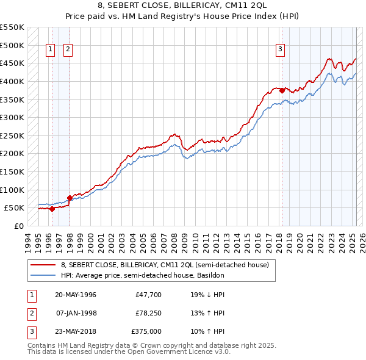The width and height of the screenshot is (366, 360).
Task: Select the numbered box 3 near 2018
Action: point(280,50)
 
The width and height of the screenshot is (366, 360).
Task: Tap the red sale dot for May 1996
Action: point(52,209)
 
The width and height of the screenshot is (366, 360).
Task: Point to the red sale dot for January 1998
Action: point(70,198)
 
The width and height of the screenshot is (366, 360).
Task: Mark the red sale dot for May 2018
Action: point(282,91)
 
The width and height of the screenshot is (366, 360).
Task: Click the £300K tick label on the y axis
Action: point(12,118)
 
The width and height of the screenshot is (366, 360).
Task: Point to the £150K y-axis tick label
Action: point(12,172)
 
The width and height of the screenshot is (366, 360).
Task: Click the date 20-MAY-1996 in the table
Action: point(76,295)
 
